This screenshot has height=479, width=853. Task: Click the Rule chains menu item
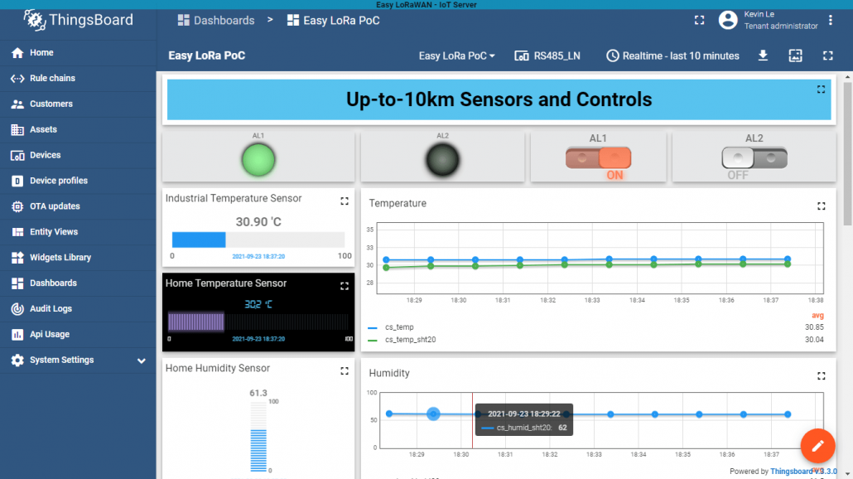52,78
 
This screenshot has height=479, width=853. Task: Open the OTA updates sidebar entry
55,206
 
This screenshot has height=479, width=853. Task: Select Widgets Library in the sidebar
60,258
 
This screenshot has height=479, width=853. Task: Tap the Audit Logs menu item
51,308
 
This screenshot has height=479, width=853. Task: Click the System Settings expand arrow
142,361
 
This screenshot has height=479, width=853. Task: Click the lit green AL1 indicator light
258,159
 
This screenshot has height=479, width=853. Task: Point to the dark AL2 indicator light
442,160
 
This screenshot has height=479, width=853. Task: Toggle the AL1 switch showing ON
598,157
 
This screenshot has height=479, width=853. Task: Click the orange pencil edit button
817,446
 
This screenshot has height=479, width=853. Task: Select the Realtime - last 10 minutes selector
672,56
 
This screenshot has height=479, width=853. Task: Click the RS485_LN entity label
547,56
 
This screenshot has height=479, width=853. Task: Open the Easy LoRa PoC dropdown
457,56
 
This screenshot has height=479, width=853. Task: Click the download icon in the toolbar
764,56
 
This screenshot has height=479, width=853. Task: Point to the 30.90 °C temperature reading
258,222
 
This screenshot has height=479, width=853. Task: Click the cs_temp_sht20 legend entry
410,339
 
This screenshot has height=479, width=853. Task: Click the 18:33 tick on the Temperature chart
593,300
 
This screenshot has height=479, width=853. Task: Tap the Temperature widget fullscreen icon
822,206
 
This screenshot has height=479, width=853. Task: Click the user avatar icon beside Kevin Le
728,20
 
